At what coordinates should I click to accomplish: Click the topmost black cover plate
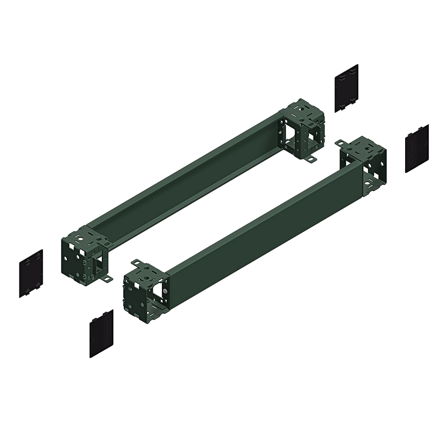click(x=346, y=88)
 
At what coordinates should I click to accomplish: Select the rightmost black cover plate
click(x=417, y=149)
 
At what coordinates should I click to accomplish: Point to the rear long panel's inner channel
click(x=186, y=178)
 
